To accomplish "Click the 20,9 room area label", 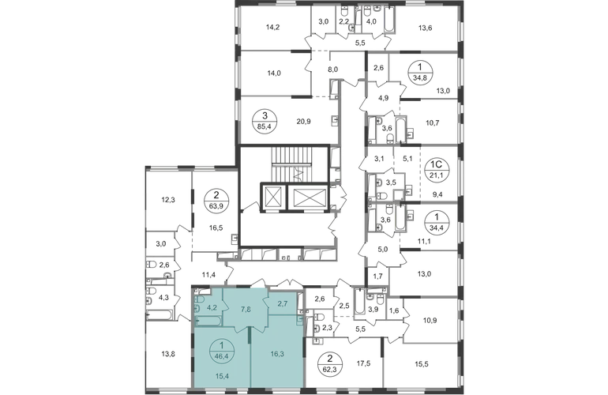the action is point(304,122).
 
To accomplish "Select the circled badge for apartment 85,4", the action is point(265,121).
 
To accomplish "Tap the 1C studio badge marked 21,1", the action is point(437,171).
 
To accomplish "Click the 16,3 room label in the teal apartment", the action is point(278,354).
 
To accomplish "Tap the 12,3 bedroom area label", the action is point(168,200).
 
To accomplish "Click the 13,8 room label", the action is point(168,353).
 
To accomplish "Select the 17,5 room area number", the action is point(363,363).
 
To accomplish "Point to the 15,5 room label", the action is point(422,364).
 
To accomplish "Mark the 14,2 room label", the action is point(273,27).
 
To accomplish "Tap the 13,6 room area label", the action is point(426,28).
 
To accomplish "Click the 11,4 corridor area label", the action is point(208,275).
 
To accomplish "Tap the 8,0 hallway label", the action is point(333,70).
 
